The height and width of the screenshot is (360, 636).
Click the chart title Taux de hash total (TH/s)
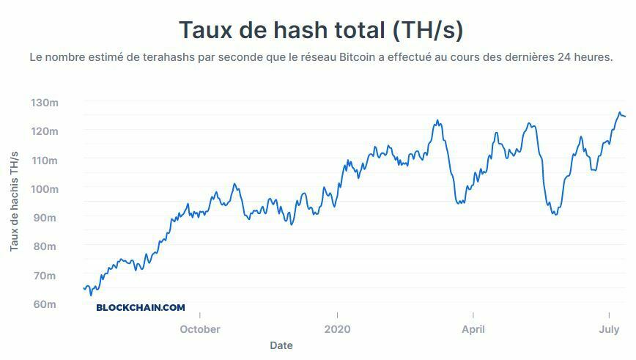tap(321, 30)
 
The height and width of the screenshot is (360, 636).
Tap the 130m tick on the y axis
tap(44, 102)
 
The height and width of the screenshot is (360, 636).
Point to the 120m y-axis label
tap(44, 131)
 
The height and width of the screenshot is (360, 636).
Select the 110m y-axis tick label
tap(44, 160)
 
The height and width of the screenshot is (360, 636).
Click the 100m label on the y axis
tap(44, 188)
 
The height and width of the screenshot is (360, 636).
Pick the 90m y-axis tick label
tap(44, 218)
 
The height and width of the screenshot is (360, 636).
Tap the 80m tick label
tap(44, 246)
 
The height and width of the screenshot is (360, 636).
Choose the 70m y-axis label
tap(44, 276)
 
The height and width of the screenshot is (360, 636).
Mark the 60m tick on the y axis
tap(44, 304)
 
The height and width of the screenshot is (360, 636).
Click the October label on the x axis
tap(200, 329)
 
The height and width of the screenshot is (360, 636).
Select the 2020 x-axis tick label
tap(337, 329)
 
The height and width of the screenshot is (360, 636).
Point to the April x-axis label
tap(473, 329)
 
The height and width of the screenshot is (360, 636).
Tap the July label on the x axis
tap(610, 329)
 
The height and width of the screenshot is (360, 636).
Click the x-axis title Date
tap(281, 345)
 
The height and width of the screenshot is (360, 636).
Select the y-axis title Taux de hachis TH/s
tap(14, 202)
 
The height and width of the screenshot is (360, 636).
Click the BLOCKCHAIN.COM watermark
tap(141, 308)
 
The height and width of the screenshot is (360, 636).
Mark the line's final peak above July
tap(619, 113)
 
